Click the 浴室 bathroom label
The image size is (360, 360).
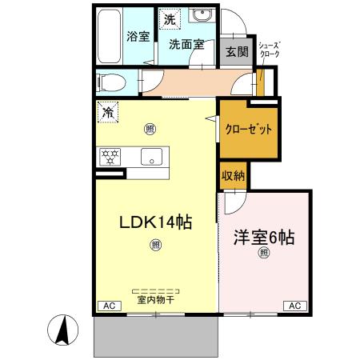coord(138,36)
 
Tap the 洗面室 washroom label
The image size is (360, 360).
coord(186,45)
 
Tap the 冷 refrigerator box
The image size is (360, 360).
coord(107,113)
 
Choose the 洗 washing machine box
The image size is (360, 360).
coord(169,19)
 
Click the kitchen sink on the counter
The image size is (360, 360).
coord(150,157)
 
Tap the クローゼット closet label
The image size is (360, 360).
coord(248,129)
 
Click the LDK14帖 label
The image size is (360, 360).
coord(155,222)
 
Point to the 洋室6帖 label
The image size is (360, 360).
coord(263,238)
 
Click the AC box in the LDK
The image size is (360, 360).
coord(106,306)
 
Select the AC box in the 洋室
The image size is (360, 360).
coord(294,306)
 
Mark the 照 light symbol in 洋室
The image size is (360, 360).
coord(263,254)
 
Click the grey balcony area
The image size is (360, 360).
coord(155,336)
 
